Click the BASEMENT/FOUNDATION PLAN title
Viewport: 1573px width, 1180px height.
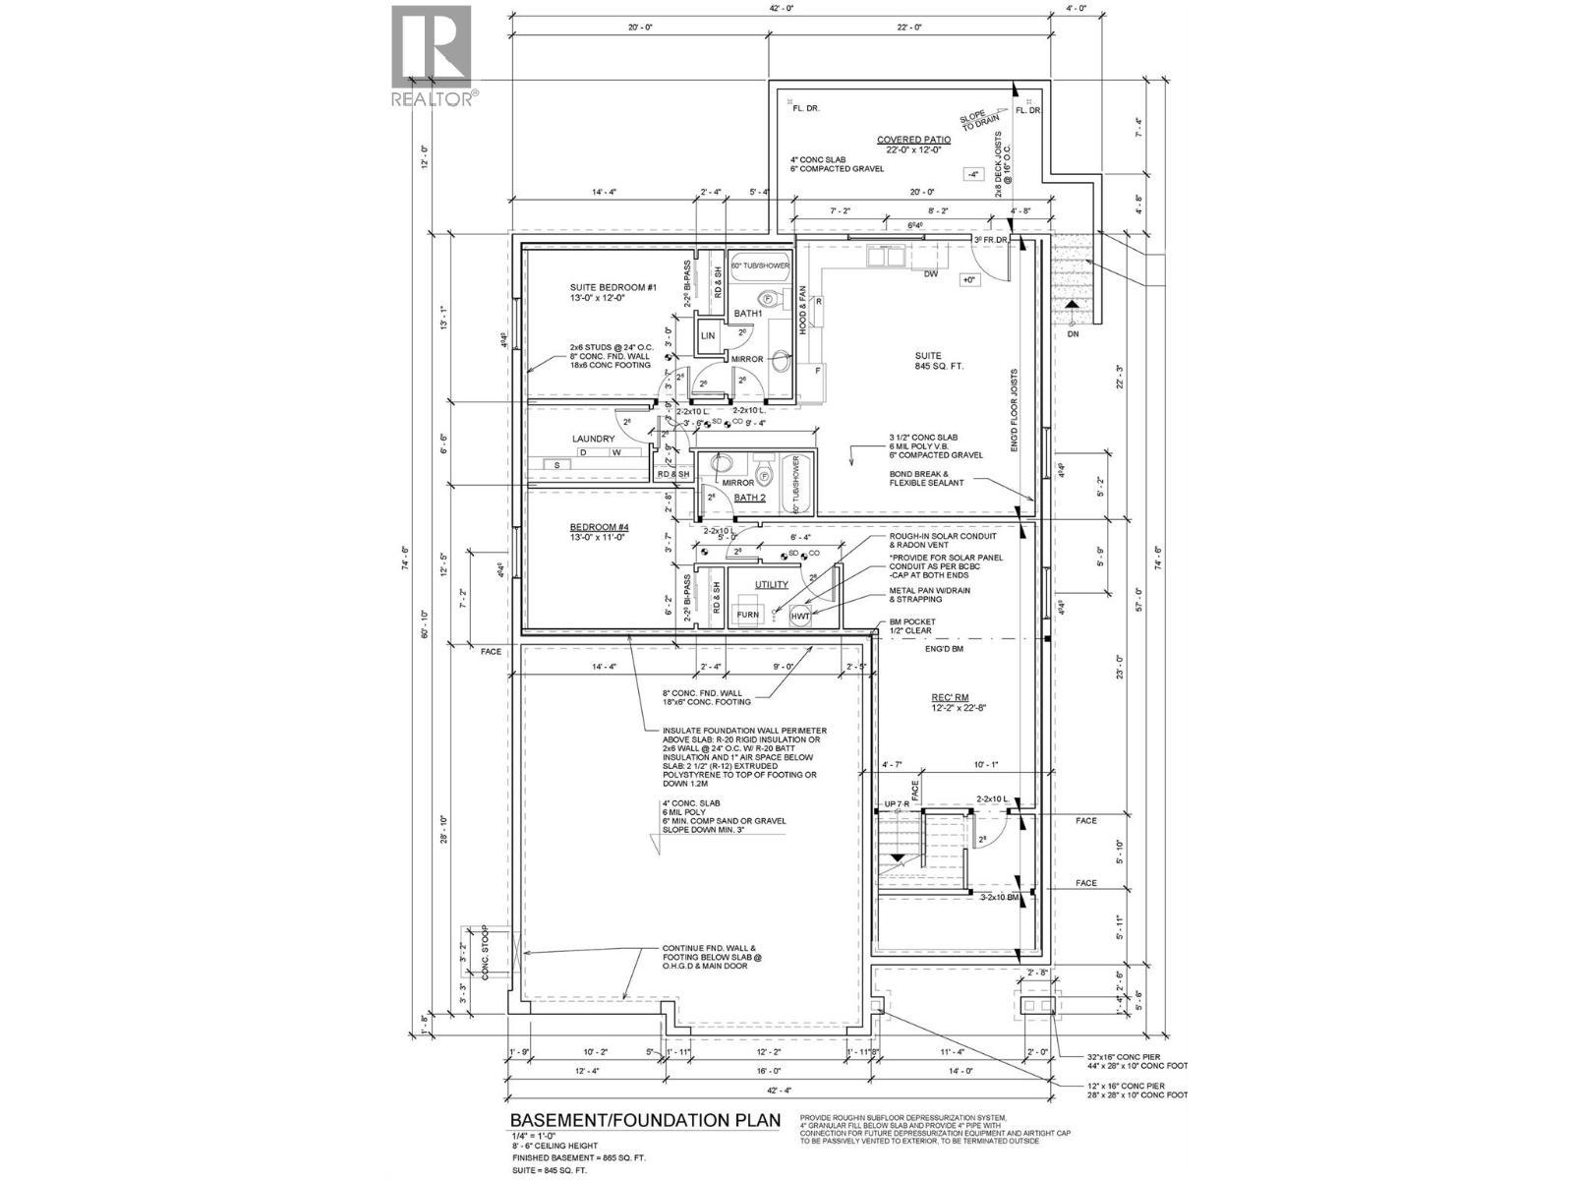tap(645, 1120)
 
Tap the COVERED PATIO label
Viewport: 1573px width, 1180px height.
tap(913, 141)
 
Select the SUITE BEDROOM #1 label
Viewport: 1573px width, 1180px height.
tap(612, 287)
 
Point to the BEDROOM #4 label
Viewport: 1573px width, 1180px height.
tap(599, 528)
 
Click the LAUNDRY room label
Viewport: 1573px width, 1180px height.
tap(594, 440)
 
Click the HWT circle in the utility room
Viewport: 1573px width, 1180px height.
tap(801, 617)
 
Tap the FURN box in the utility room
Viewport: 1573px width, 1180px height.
tap(748, 616)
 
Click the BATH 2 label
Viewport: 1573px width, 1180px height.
tap(749, 498)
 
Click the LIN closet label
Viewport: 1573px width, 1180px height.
tap(708, 336)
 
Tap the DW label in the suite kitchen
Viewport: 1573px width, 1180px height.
tap(929, 275)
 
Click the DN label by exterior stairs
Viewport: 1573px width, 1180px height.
tap(1073, 334)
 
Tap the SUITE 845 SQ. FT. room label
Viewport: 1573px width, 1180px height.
tap(928, 360)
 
